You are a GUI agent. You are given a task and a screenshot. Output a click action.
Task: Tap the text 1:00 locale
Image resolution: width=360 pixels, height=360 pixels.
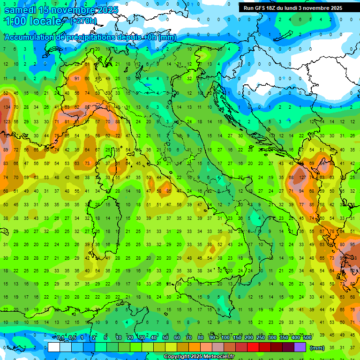tap(34, 21)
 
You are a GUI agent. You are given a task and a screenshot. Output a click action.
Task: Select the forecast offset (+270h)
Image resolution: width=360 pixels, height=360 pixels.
tap(83, 21)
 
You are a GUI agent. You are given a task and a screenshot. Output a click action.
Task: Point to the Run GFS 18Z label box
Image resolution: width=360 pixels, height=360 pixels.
tap(293, 8)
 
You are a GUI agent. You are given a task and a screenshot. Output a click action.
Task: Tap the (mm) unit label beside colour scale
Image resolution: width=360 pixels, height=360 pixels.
tap(317, 347)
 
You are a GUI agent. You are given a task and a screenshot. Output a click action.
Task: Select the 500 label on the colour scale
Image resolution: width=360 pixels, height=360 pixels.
tap(307, 337)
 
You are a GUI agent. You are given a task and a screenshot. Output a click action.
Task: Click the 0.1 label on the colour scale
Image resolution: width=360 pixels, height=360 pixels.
tap(60, 337)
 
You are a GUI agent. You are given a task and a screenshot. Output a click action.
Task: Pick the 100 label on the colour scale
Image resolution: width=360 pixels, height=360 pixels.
tap(225, 337)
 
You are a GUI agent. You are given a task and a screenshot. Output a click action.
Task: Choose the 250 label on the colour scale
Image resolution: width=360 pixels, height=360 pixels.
tap(261, 337)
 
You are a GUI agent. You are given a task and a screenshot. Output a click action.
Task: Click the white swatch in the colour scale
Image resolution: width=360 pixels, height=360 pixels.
tap(54, 347)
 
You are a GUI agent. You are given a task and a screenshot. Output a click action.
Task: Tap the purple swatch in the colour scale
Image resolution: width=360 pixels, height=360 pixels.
tap(300, 347)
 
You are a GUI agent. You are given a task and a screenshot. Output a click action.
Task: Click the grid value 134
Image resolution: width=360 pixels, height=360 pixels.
tap(7, 107)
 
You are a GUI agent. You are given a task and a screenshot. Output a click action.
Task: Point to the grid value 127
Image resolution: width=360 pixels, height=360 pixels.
tap(303, 178)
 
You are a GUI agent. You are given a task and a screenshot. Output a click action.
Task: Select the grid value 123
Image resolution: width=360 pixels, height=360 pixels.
tap(7, 121)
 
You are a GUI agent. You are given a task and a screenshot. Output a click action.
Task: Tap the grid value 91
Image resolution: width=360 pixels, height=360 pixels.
tap(76, 79)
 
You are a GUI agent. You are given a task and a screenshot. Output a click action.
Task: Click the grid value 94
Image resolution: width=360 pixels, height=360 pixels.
tap(302, 191)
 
